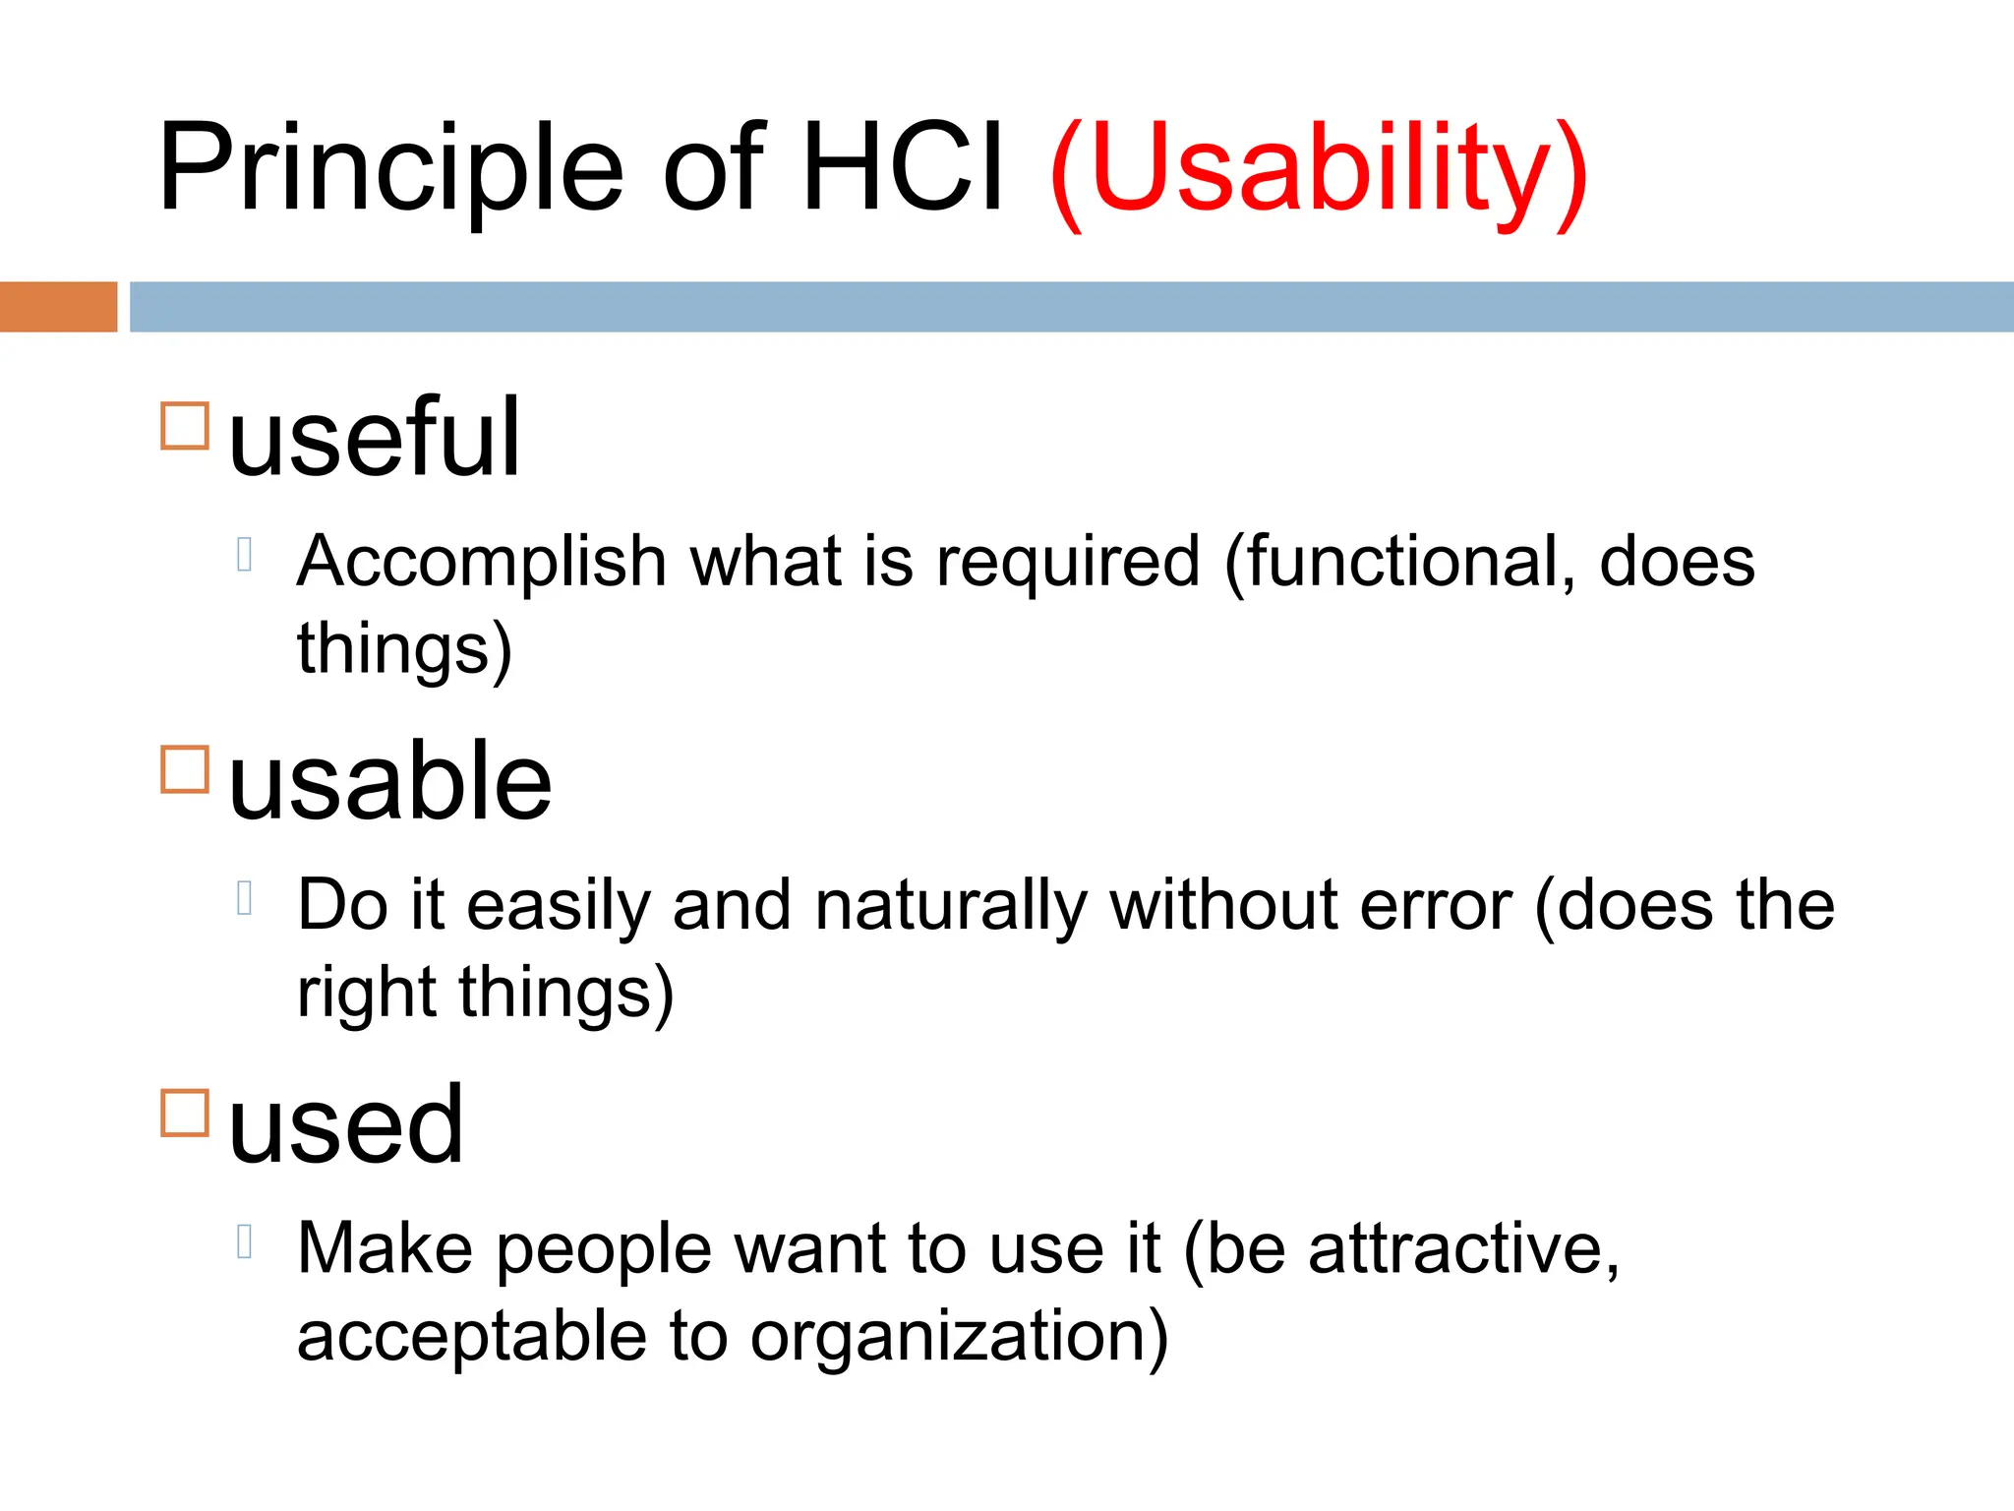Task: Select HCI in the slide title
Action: (x=904, y=167)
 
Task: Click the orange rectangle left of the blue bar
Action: (x=58, y=307)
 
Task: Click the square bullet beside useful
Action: (x=185, y=426)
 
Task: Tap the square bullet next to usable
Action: (x=185, y=769)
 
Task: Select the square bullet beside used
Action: (x=185, y=1113)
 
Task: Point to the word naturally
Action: (x=950, y=906)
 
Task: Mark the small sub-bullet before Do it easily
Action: (x=246, y=898)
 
